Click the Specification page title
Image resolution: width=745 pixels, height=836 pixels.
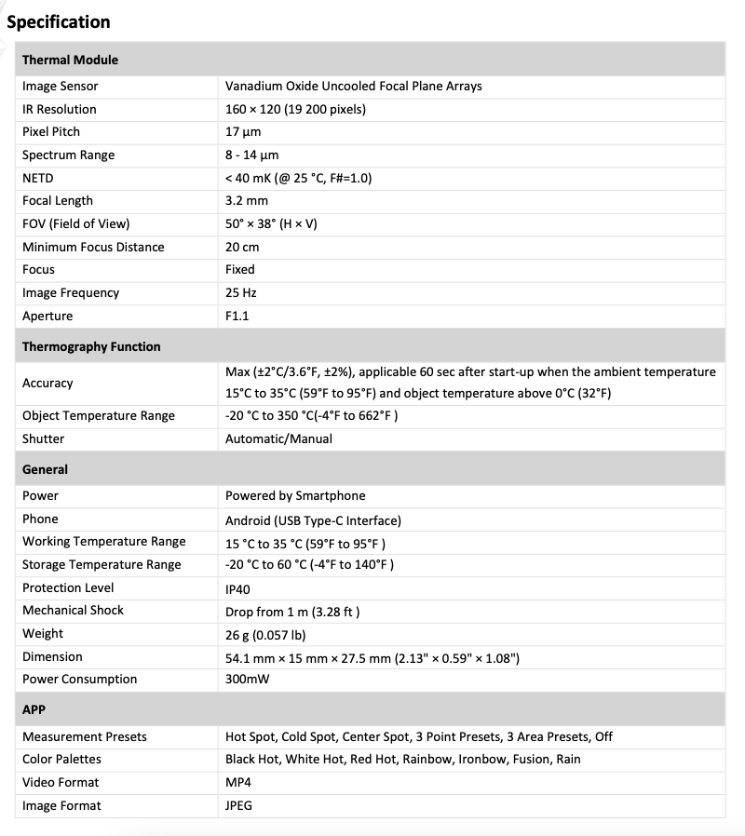[59, 21]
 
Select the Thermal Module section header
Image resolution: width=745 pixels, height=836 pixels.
[70, 60]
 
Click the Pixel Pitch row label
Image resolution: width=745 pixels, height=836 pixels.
[51, 132]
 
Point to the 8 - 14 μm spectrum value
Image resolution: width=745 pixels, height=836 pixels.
[251, 155]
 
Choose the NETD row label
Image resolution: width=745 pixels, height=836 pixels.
[39, 178]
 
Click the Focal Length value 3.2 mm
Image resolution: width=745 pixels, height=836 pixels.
[247, 200]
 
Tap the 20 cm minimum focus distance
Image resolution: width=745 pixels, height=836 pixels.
[242, 247]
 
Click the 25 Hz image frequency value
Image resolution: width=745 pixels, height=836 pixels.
[241, 292]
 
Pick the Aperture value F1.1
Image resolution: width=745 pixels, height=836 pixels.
[237, 316]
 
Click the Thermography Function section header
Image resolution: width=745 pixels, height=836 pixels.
[91, 346]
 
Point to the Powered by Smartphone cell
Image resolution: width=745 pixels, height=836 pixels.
[295, 495]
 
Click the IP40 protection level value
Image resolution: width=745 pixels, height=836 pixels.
[237, 588]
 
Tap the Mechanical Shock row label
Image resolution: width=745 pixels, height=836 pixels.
[73, 610]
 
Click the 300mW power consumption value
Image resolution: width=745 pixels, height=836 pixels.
[246, 680]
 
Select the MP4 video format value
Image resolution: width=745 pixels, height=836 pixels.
[238, 782]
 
